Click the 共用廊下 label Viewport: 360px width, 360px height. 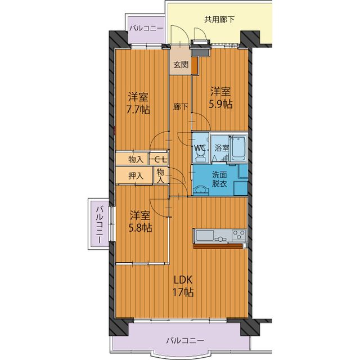pos(219,20)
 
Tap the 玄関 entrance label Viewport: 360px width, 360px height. pos(181,65)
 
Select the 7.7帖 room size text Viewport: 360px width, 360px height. pos(138,110)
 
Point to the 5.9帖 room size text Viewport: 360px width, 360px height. pos(220,104)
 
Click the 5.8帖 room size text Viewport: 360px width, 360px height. pos(140,228)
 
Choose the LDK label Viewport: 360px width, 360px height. pos(183,280)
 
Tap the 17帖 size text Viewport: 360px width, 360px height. pos(183,292)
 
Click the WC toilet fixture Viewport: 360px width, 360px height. pos(200,156)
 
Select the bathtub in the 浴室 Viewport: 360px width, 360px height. pos(239,148)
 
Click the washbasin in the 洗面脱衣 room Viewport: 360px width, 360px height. pos(201,190)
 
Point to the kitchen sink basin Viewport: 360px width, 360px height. pos(204,235)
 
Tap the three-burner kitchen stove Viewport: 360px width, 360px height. pos(239,235)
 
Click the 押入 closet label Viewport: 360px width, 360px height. pos(136,176)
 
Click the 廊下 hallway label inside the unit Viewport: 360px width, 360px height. pos(181,107)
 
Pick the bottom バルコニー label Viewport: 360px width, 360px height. pos(185,340)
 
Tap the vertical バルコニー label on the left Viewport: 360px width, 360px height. pos(100,225)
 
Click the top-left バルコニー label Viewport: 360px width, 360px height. pos(146,28)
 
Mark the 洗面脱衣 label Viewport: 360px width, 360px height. pos(219,179)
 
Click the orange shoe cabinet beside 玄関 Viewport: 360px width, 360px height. pos(195,65)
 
